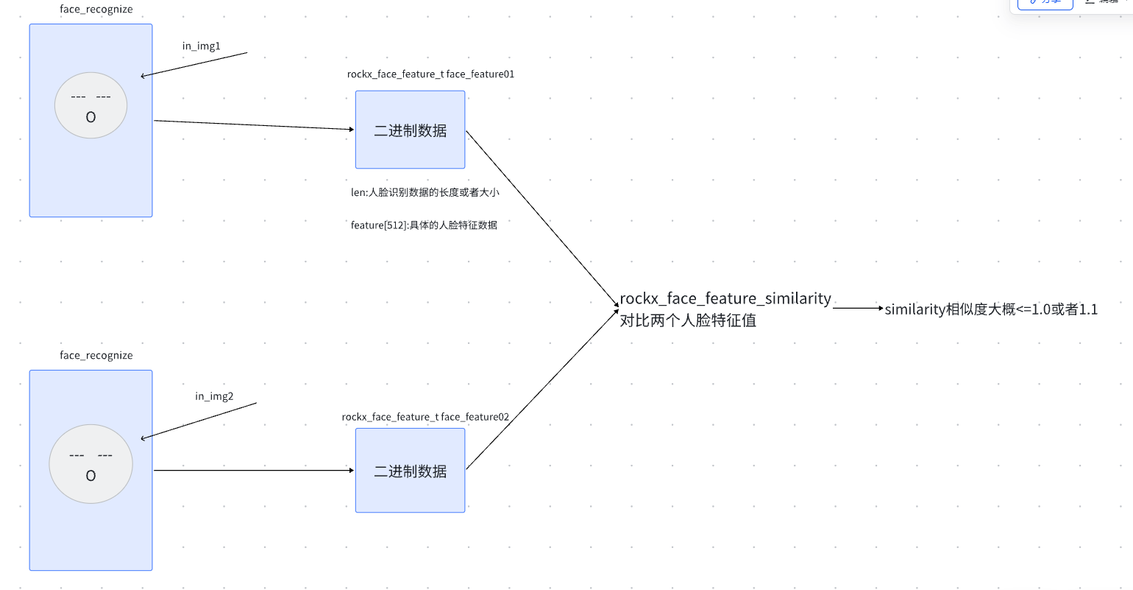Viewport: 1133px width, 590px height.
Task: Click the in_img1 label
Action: coord(201,46)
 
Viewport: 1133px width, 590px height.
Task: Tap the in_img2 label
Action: coord(214,396)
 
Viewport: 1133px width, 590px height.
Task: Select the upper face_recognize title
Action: coord(96,10)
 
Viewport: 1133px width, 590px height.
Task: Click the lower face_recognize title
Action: coord(96,355)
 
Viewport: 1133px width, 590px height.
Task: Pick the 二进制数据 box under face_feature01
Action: coord(410,130)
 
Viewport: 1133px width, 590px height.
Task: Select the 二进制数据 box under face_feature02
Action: coord(410,471)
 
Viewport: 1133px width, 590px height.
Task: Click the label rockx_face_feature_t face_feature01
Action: coord(430,74)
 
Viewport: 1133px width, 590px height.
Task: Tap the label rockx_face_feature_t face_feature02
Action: coord(425,417)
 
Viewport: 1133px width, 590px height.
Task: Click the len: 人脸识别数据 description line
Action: coord(425,192)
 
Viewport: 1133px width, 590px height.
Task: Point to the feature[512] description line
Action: coord(424,225)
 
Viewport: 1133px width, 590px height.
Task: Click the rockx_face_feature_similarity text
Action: coord(725,298)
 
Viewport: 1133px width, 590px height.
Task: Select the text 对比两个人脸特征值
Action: coord(688,320)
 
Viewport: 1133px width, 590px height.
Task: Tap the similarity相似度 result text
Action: coord(990,309)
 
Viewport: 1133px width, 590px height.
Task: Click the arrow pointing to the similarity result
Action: coord(857,309)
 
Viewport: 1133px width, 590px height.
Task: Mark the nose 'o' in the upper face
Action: coord(90,116)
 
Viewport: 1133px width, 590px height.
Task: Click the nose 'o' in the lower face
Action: coord(90,476)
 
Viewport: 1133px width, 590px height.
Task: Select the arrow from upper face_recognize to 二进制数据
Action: coord(254,124)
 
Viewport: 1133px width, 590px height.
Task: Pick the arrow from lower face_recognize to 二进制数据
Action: coord(254,470)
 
